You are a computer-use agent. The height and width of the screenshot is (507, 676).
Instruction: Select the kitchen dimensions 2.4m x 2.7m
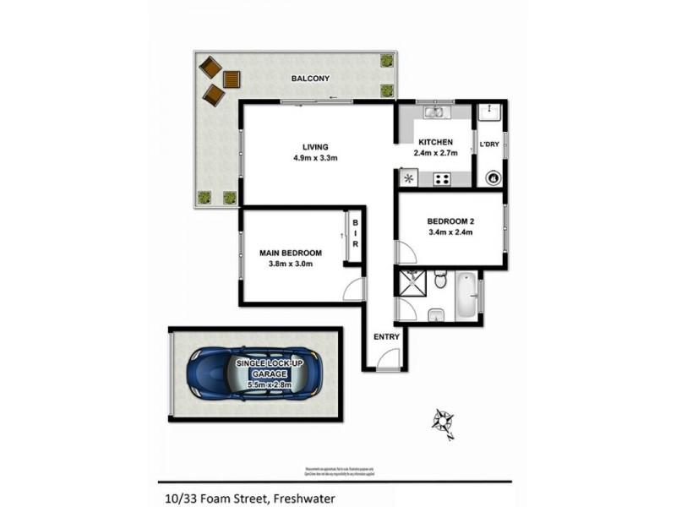[x=435, y=154]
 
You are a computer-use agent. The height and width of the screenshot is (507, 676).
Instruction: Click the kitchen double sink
[x=435, y=112]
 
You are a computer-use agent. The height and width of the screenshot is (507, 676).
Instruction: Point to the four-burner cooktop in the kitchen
[x=442, y=178]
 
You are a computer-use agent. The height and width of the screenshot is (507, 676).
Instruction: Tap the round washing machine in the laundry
[x=492, y=177]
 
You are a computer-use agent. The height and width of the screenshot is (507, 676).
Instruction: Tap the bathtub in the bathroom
[x=466, y=296]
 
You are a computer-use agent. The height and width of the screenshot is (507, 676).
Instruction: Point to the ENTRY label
[x=386, y=336]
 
